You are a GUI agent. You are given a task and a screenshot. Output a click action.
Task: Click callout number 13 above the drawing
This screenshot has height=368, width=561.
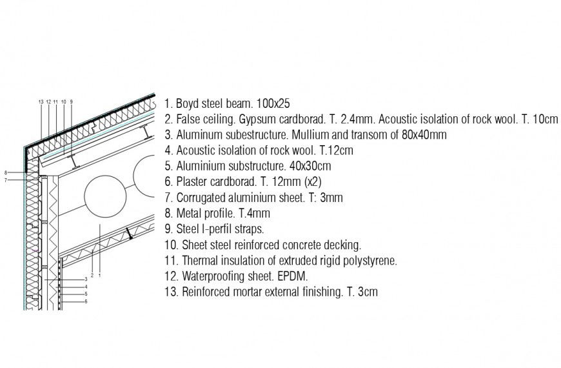(41, 101)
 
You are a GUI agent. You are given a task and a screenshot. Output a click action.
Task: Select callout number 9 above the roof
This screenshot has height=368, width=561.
(71, 101)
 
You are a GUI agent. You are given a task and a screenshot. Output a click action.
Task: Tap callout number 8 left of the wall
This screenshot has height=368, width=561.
(6, 172)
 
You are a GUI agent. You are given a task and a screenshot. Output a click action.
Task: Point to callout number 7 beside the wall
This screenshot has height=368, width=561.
(6, 180)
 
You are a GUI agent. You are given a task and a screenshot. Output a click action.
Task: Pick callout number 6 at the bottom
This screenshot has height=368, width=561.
(86, 302)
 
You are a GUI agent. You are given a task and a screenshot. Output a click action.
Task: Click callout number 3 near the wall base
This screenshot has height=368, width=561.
(86, 279)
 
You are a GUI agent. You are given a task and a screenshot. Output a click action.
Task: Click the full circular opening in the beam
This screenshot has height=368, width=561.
(105, 198)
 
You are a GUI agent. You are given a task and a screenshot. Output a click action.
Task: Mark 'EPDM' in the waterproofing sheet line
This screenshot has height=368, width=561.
(293, 276)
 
